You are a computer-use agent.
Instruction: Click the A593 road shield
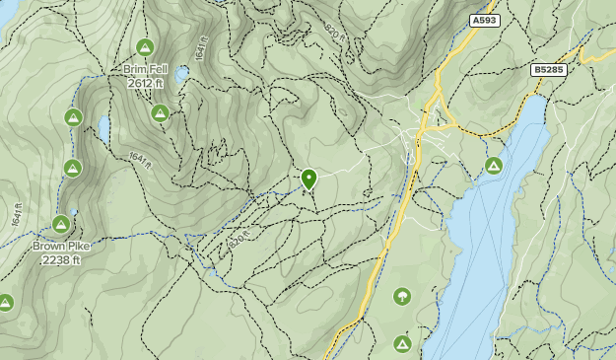click(x=483, y=19)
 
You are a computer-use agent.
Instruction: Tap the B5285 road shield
click(x=547, y=70)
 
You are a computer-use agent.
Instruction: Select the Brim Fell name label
click(x=145, y=70)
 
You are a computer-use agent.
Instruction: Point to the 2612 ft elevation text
click(x=145, y=84)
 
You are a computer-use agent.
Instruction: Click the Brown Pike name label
click(x=61, y=247)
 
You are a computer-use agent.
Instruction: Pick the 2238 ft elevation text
click(x=61, y=260)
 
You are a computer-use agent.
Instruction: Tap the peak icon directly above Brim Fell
click(x=145, y=47)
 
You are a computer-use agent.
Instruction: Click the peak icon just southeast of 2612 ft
click(x=160, y=112)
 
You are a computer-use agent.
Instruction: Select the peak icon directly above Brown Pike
click(x=61, y=225)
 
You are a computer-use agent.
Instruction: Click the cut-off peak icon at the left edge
click(x=4, y=303)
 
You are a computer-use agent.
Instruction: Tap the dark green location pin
click(x=308, y=179)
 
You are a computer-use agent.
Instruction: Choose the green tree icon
click(x=402, y=296)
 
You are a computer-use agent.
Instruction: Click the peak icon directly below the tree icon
click(x=402, y=343)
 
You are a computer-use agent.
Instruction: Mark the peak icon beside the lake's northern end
click(x=493, y=165)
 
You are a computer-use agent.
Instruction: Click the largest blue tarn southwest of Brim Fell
click(x=103, y=127)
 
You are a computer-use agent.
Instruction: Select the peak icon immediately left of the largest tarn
click(x=73, y=117)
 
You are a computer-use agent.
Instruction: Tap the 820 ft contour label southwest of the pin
click(x=234, y=237)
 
